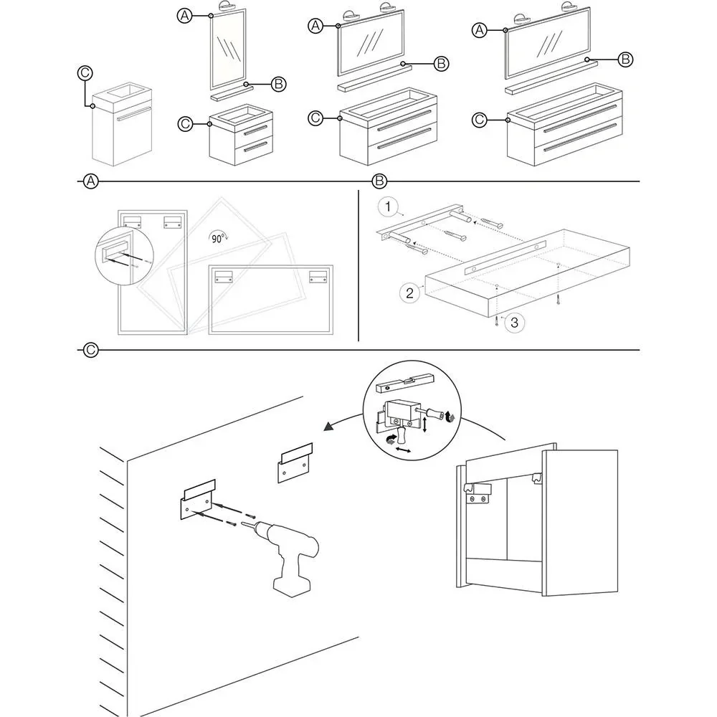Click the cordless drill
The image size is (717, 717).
point(290,560)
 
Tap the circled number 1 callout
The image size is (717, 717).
point(388,208)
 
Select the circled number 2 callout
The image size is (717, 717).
point(409,293)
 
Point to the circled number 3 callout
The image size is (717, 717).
point(513,323)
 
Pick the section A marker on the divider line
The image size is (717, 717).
point(90,181)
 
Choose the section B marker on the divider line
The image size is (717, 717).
point(380,181)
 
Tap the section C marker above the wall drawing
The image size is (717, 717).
point(90,350)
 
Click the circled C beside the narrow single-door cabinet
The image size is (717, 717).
point(84,72)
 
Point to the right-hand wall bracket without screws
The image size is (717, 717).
point(295,464)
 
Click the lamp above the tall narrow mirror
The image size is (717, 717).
point(227,7)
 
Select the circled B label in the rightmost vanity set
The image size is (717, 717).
point(625,59)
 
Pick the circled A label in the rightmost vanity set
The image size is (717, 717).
point(480,30)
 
